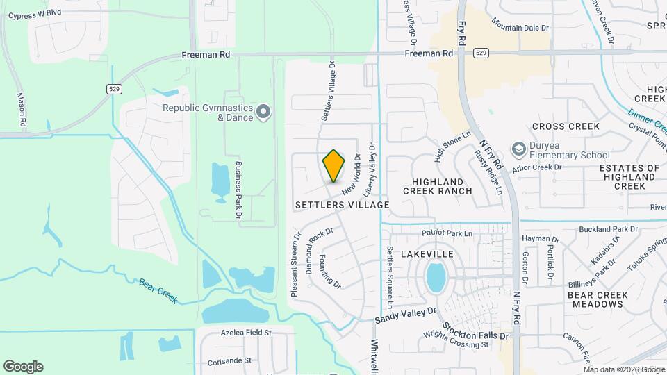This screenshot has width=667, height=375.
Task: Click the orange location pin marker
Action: [333, 166]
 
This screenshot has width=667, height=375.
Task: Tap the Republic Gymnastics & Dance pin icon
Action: [263, 112]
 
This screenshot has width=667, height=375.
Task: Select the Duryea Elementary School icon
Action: [518, 149]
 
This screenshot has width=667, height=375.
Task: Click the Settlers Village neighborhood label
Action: [342, 205]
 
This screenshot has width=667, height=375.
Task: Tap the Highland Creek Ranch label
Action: [437, 186]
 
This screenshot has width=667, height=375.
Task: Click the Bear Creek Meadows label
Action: [598, 299]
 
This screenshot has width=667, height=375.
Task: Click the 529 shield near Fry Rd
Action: [481, 53]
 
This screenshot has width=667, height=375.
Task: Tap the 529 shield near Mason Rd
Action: [115, 89]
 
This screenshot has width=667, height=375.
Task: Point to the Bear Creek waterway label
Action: [158, 290]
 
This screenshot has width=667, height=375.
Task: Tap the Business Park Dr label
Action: [238, 190]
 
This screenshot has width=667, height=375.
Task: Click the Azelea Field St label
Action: [236, 333]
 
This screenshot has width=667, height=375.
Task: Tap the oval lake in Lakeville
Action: [436, 278]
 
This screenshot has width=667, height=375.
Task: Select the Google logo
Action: [23, 367]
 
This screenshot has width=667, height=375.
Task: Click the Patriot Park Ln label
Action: [447, 233]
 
